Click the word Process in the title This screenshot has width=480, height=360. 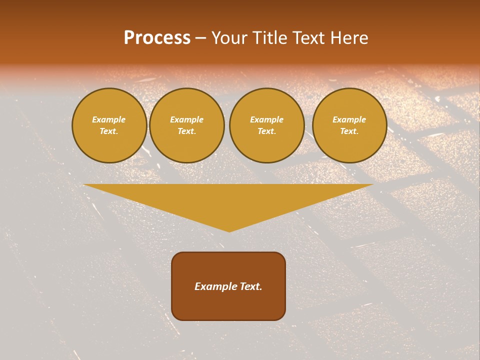[157, 38]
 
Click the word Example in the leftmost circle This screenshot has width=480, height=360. [109, 119]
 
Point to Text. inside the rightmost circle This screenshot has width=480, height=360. [349, 131]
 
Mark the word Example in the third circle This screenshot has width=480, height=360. [267, 119]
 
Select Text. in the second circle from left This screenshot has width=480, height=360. [187, 131]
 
